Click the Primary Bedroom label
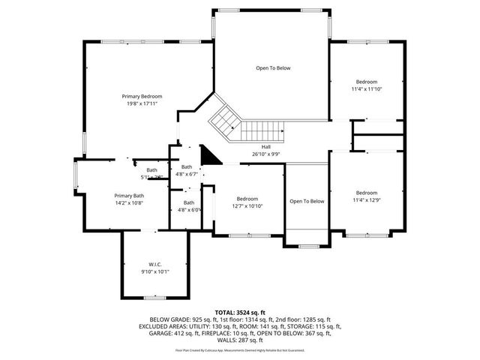click(142, 96)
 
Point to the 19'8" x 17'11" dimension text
click(142, 103)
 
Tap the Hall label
click(265, 146)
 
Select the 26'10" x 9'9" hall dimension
click(265, 154)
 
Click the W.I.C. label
click(155, 264)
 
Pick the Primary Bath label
click(128, 195)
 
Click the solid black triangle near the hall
click(211, 155)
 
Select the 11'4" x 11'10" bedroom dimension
click(366, 89)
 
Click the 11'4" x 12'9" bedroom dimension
click(366, 199)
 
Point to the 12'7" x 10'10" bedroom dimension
click(247, 206)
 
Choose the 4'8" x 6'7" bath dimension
click(187, 174)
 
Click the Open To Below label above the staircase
click(272, 68)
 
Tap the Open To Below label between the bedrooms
click(307, 201)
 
